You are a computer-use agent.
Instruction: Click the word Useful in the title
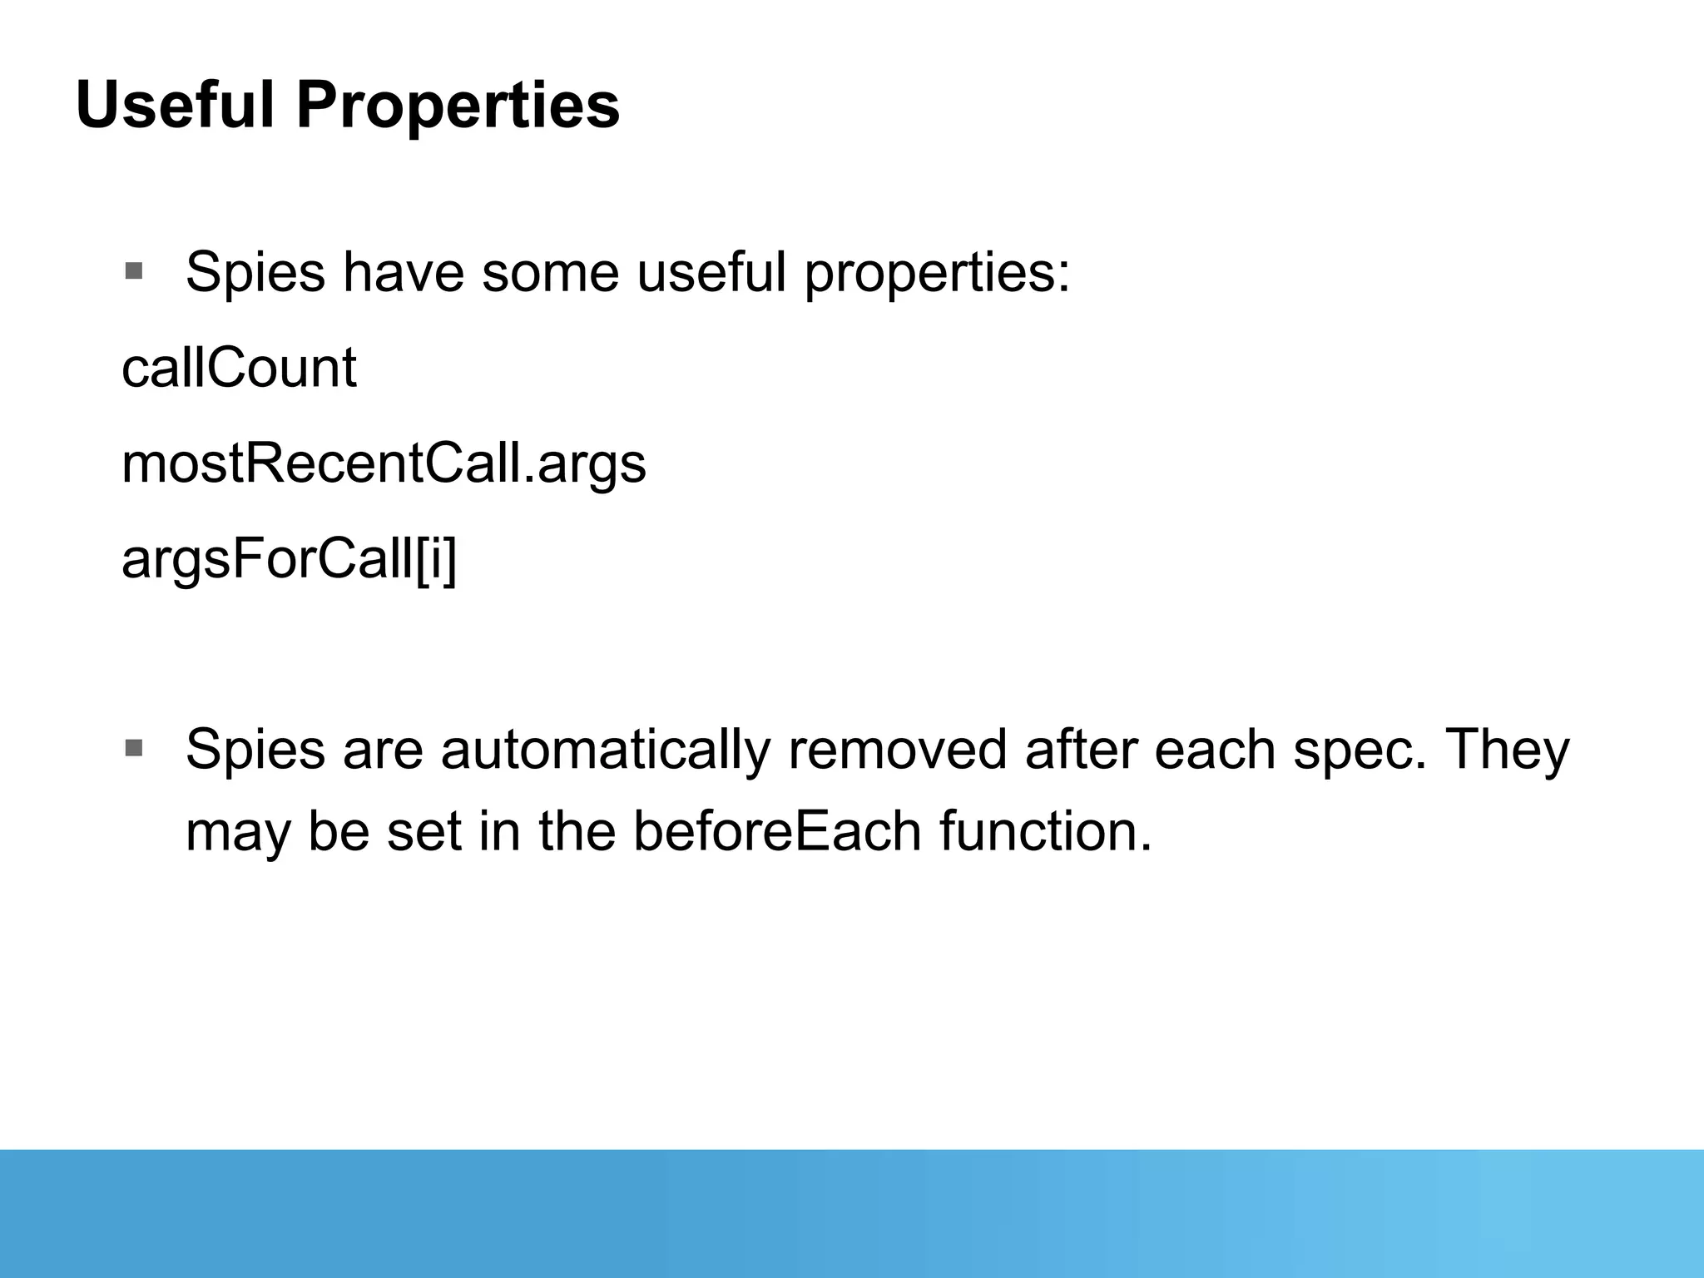click(x=175, y=106)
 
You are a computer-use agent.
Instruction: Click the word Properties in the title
click(x=458, y=106)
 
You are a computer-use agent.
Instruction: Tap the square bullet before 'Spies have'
click(x=133, y=271)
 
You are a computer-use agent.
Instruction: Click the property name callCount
click(x=239, y=368)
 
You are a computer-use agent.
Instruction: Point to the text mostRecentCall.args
click(x=384, y=463)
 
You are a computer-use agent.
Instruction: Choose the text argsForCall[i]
click(x=289, y=559)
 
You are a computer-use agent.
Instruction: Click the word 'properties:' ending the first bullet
click(x=937, y=273)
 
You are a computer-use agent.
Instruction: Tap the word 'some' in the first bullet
click(x=550, y=273)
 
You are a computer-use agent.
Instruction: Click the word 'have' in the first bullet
click(x=404, y=273)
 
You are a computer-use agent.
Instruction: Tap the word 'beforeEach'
click(x=778, y=832)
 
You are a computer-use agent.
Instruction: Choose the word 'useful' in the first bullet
click(x=711, y=273)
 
